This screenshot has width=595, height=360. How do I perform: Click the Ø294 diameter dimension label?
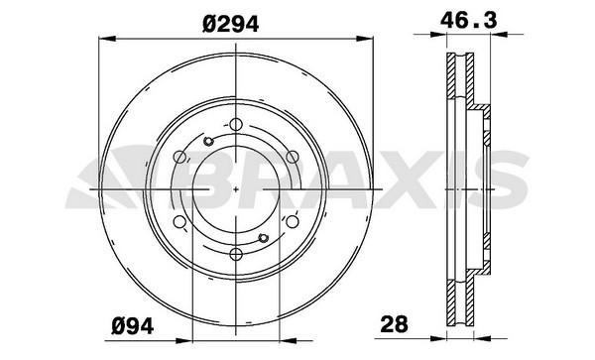coord(231,25)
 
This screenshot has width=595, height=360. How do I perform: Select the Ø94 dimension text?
coord(133,326)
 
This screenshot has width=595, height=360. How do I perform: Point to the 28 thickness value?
coord(395,324)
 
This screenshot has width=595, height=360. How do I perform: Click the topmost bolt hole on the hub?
coord(236,124)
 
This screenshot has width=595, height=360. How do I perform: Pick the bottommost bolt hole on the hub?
coord(236,254)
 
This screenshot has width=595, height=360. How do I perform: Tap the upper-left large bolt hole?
coord(179,157)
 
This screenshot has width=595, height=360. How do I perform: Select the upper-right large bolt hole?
coord(293,157)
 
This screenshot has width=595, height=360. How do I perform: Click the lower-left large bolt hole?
coord(179,221)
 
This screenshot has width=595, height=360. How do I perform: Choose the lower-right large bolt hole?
coord(293,221)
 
